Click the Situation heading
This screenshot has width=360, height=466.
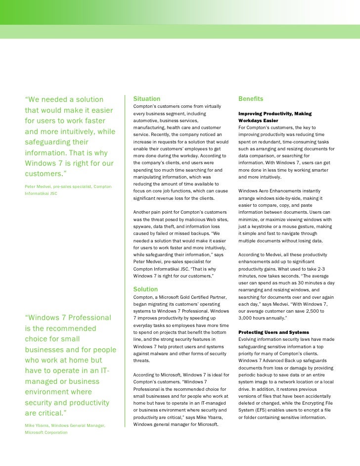pos(146,99)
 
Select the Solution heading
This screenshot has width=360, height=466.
pos(145,289)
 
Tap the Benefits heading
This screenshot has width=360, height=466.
pos(250,99)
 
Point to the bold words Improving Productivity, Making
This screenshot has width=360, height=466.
pos(274,114)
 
